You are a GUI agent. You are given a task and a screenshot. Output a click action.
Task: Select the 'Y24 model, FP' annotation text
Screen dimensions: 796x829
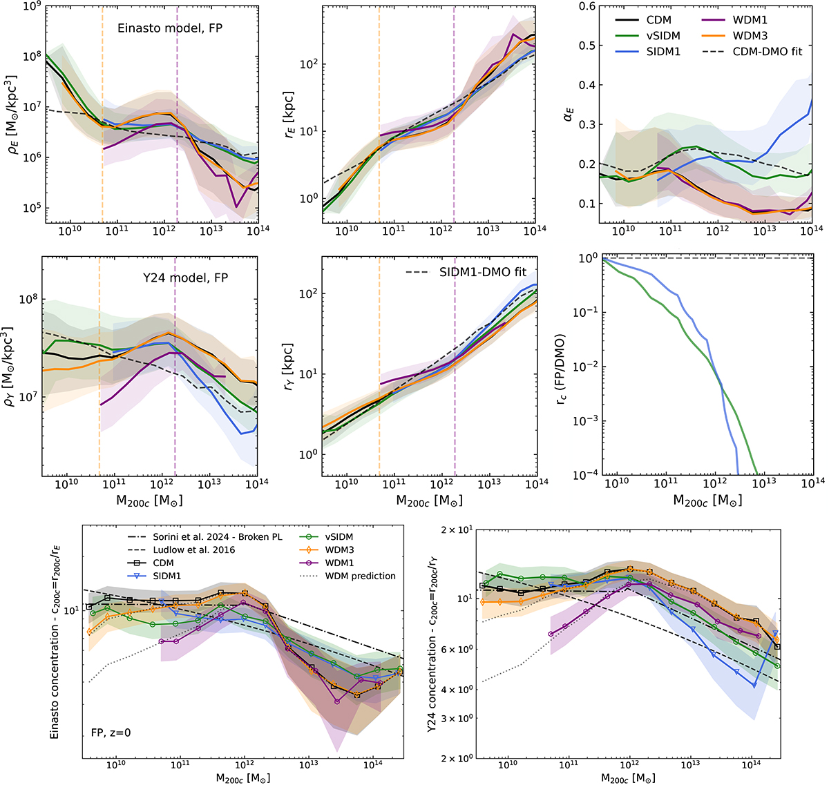tap(183, 278)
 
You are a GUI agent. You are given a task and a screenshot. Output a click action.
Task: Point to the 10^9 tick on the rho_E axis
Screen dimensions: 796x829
tap(28, 6)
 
